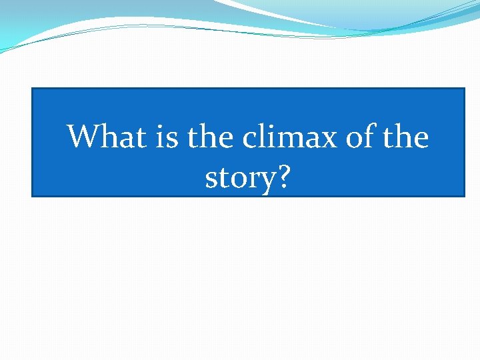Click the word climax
point(292,137)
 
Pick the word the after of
point(407,137)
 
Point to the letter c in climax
point(250,139)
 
